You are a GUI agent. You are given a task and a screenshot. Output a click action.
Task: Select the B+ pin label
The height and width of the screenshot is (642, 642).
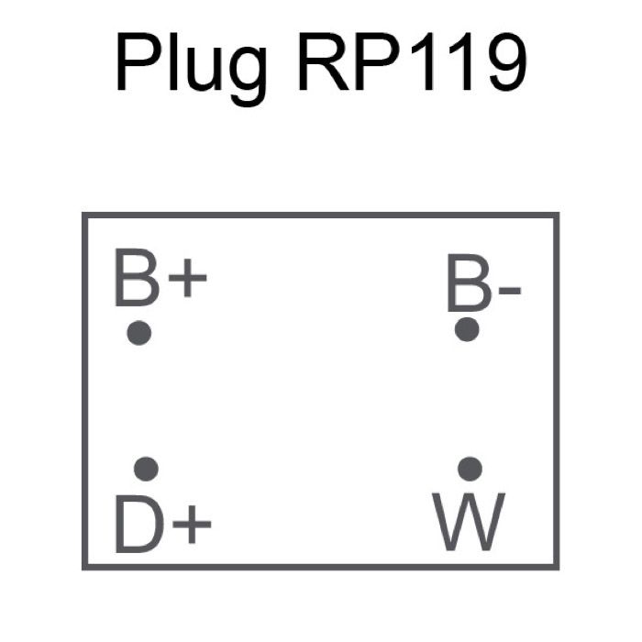[160, 279]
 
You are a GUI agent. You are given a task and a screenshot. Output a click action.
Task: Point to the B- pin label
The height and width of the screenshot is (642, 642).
[483, 284]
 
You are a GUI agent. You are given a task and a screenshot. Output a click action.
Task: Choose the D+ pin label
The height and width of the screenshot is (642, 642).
[162, 525]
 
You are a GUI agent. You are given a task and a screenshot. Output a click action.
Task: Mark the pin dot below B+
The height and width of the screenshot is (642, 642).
[138, 332]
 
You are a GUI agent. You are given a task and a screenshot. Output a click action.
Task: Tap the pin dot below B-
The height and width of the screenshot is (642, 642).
[468, 329]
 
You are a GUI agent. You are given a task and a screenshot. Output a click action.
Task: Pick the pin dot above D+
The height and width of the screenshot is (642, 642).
[146, 470]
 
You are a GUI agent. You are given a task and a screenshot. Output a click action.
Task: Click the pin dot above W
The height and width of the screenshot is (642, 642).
[470, 469]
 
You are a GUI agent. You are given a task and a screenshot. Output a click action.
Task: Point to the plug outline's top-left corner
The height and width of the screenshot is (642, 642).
[84, 216]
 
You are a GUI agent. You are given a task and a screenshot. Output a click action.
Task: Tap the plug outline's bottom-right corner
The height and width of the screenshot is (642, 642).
[557, 567]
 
